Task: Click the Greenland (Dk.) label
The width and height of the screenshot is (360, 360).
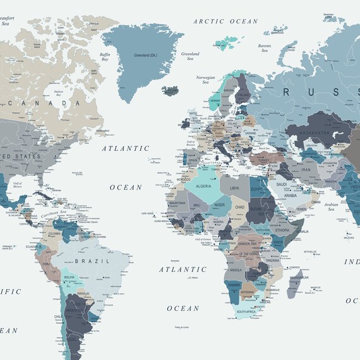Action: pyautogui.click(x=146, y=56)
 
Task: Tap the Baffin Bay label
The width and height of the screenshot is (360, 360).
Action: pyautogui.click(x=105, y=56)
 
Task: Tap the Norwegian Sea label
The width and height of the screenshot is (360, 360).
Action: pyautogui.click(x=206, y=80)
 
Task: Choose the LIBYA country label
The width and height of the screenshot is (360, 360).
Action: pyautogui.click(x=234, y=188)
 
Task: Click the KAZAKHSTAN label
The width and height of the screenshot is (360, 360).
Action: pyautogui.click(x=314, y=134)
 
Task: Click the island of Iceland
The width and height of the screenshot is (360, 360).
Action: pyautogui.click(x=170, y=90)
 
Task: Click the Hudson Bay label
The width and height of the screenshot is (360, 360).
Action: pyautogui.click(x=59, y=93)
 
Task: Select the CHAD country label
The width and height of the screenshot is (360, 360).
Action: pyautogui.click(x=240, y=207)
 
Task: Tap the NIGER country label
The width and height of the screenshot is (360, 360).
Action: pyautogui.click(x=219, y=205)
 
